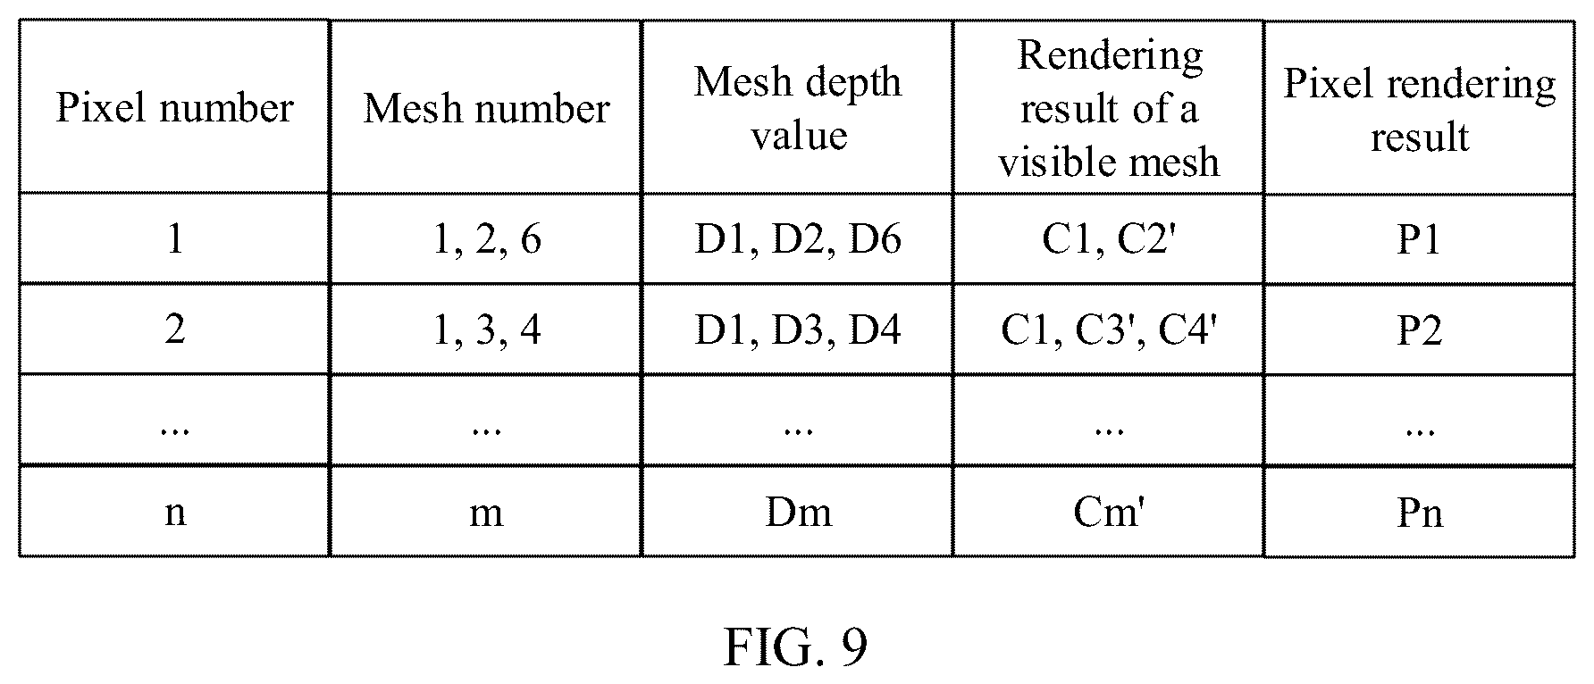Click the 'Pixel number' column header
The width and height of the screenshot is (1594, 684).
[x=174, y=108]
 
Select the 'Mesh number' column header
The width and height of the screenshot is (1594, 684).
[x=486, y=108]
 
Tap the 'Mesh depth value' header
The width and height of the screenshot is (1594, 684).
[x=798, y=108]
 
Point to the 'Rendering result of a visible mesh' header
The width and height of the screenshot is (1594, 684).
[x=1109, y=108]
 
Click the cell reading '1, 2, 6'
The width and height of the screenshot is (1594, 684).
[x=486, y=239]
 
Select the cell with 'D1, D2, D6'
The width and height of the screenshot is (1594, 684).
[x=798, y=239]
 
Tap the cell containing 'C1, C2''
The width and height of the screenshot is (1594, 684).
[x=1108, y=239]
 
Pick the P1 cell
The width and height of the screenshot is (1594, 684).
[x=1420, y=239]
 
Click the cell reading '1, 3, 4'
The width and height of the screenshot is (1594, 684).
[x=486, y=330]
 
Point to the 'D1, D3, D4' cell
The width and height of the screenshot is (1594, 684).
[x=798, y=330]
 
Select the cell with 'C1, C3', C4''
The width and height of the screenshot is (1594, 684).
[x=1108, y=330]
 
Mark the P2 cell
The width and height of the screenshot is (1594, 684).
[x=1420, y=330]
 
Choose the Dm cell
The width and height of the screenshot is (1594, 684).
[x=798, y=512]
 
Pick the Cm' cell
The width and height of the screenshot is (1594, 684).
[x=1109, y=512]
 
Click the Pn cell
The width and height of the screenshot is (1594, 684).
[x=1420, y=512]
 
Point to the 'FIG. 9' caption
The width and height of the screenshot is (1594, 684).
[x=795, y=646]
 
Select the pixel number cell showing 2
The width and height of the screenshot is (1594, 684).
[x=175, y=330]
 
